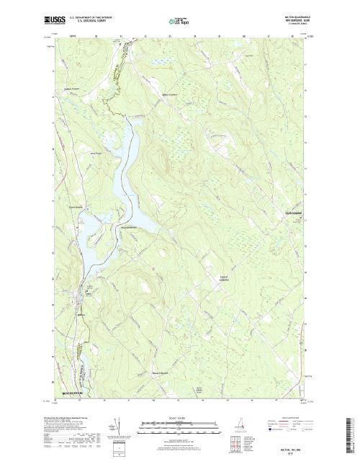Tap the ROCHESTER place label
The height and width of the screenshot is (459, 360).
coord(73,393)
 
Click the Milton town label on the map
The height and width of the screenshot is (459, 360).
coord(81,313)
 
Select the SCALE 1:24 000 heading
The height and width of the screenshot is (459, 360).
coord(166,416)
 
